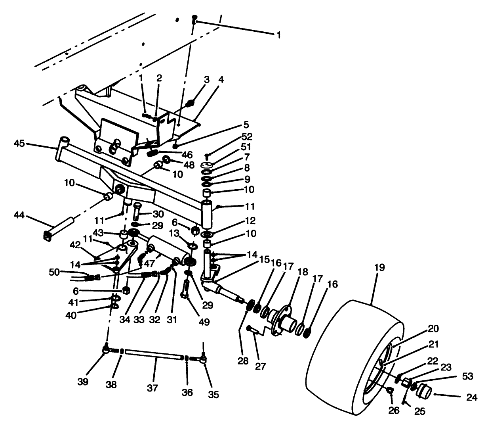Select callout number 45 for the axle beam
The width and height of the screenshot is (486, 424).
point(19,143)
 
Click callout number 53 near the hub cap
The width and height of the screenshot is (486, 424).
point(467,376)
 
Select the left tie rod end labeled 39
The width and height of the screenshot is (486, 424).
point(106,349)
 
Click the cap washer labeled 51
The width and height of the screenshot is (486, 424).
point(208,165)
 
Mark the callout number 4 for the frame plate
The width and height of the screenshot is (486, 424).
point(221,80)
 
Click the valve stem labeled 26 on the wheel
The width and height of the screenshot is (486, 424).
point(390,391)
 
